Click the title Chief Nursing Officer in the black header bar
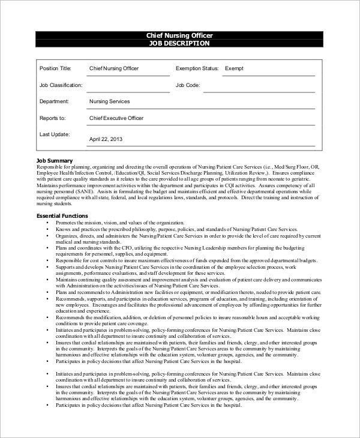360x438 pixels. [179, 35]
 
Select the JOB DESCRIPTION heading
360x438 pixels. [179, 44]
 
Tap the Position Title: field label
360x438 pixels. [55, 68]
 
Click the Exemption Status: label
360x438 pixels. [197, 68]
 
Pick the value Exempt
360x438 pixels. [234, 68]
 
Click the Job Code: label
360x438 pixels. [188, 85]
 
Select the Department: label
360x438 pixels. [53, 101]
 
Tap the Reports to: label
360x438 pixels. [52, 118]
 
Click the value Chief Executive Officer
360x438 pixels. [116, 118]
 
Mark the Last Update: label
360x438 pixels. [54, 134]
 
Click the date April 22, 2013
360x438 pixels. [106, 139]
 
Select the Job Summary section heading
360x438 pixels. [55, 161]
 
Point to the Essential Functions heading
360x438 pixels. [62, 215]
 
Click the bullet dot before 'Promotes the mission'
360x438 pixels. [47, 223]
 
